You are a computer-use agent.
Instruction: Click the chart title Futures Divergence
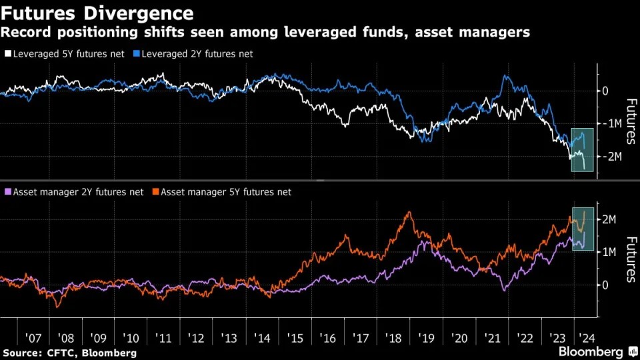coord(99,13)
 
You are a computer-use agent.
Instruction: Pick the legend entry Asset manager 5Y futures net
coord(225,192)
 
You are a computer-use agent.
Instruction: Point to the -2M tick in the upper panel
coord(611,156)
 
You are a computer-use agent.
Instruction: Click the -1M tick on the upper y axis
coord(611,123)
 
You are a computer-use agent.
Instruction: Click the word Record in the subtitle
coord(26,32)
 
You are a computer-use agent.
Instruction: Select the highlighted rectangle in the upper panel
coord(582,149)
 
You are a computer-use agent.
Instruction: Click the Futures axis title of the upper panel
coord(629,121)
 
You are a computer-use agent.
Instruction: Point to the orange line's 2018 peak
coord(409,213)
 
